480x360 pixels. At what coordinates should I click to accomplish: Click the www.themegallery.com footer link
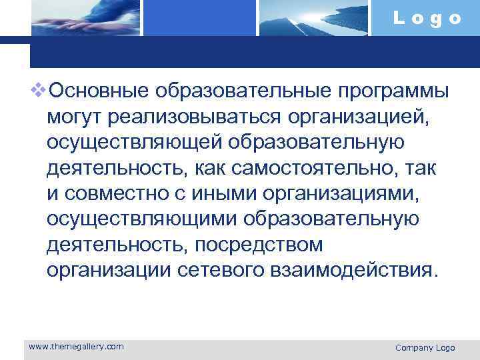(75, 346)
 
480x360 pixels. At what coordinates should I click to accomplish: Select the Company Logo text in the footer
(425, 347)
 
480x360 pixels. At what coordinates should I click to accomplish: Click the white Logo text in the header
(427, 18)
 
